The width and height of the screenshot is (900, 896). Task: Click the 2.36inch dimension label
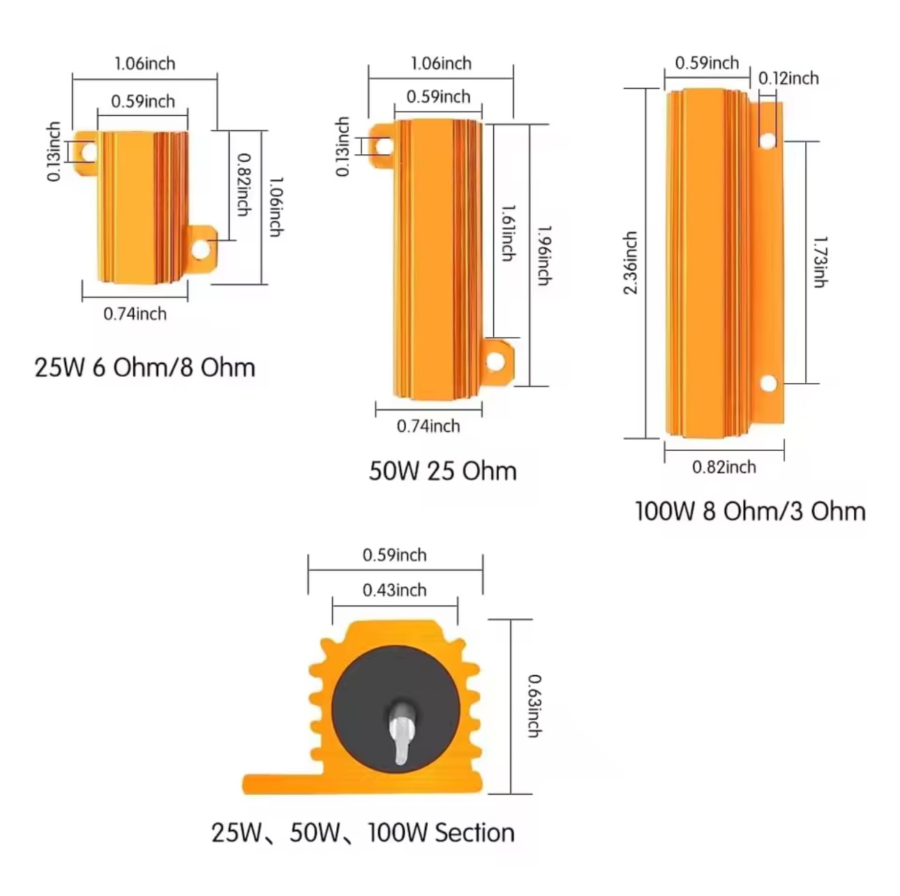click(631, 263)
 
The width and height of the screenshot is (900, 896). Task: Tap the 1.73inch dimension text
click(820, 262)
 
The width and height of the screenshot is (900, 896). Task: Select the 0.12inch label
click(788, 78)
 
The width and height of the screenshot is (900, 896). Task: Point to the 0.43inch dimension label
click(394, 590)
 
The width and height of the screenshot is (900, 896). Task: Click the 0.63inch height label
click(534, 705)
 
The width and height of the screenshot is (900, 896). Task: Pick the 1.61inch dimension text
click(508, 232)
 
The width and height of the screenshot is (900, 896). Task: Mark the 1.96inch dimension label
click(544, 255)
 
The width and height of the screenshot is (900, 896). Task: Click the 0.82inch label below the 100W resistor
click(723, 467)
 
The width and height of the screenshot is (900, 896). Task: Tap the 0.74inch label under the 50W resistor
click(428, 426)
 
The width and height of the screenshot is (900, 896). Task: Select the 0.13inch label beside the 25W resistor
click(54, 151)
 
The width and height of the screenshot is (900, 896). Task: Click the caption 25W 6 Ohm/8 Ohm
click(144, 367)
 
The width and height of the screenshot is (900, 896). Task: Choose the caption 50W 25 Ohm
click(442, 471)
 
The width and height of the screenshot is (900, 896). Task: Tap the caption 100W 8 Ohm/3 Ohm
click(750, 511)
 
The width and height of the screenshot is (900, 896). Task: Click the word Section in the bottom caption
click(474, 832)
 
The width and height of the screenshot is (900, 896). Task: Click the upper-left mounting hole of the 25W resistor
click(88, 151)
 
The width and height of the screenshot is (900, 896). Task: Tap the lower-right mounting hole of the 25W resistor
click(200, 248)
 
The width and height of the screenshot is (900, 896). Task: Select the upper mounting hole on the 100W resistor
click(767, 140)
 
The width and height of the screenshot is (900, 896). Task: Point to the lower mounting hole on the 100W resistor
click(768, 383)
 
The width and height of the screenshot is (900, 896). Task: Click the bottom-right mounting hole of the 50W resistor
click(495, 361)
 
